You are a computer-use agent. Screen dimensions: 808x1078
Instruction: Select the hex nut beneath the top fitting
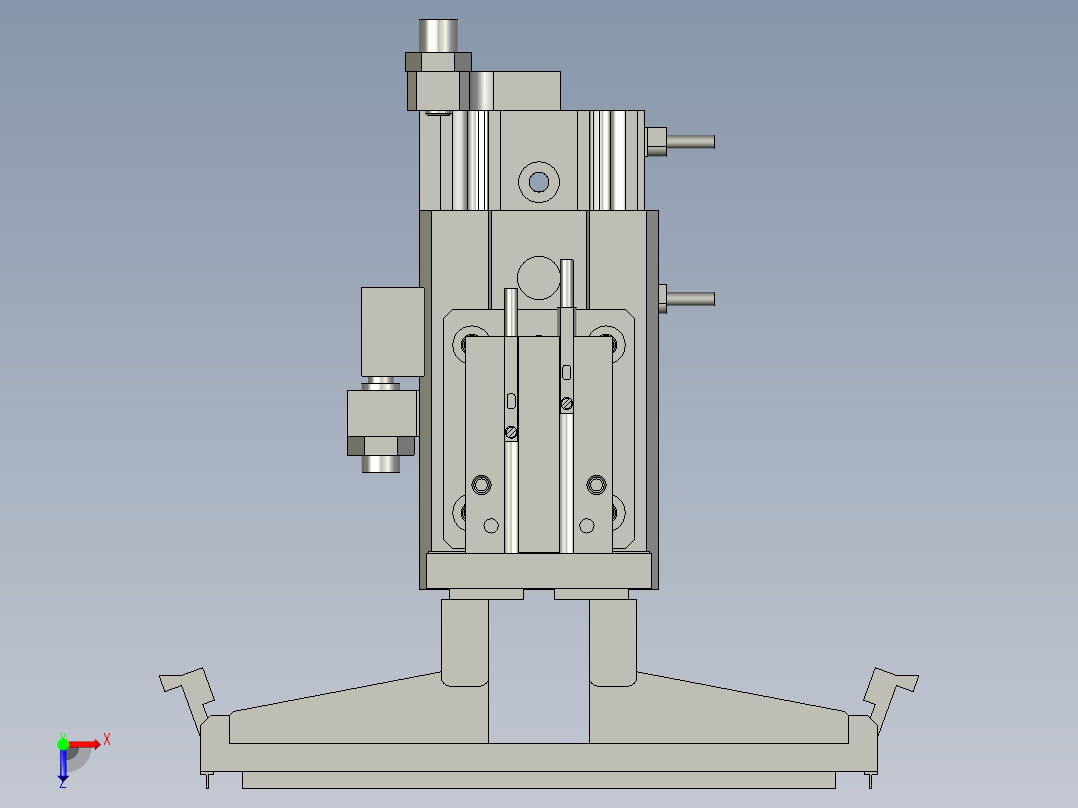tap(438, 62)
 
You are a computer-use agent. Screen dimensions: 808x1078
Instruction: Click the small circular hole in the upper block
tap(539, 181)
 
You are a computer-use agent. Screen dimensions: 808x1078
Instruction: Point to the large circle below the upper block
tap(539, 277)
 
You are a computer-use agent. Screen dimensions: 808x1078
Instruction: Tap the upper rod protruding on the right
tap(690, 142)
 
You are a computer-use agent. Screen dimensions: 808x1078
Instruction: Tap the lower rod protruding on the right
tap(690, 298)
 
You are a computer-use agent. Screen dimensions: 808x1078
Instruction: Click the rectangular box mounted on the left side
tap(392, 331)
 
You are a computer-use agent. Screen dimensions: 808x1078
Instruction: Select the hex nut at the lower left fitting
tap(381, 446)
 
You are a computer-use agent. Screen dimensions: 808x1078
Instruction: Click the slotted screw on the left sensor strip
tap(511, 432)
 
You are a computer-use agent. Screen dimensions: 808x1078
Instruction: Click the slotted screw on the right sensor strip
tap(567, 404)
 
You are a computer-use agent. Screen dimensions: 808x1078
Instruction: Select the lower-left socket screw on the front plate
tap(481, 485)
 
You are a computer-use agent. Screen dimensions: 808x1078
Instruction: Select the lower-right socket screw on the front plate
tap(596, 485)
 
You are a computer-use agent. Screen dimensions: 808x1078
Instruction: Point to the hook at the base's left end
tap(188, 690)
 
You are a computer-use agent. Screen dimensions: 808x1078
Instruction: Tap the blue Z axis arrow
tap(62, 766)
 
